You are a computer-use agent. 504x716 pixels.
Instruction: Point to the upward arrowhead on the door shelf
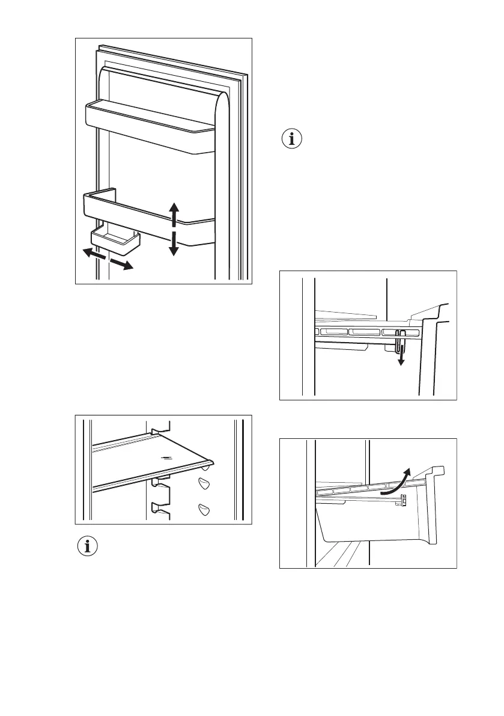174,210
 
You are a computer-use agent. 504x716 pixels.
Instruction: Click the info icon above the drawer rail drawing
293,139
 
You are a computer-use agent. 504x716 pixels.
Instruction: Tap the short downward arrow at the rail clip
401,358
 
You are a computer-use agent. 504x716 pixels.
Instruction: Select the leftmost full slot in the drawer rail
333,331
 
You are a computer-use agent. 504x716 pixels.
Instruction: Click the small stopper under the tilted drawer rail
403,500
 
